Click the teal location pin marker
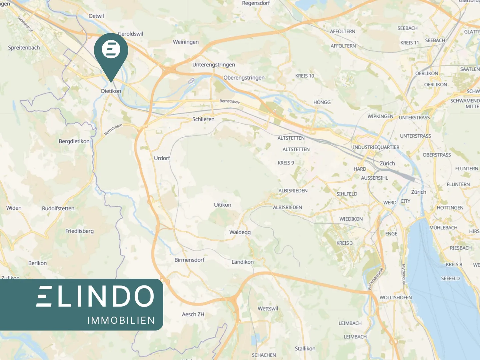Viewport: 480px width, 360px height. [x=111, y=53]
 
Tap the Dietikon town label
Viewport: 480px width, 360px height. [x=111, y=91]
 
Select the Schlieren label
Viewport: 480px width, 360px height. [x=203, y=119]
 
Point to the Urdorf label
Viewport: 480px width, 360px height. [x=162, y=158]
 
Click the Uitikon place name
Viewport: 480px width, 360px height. [x=223, y=205]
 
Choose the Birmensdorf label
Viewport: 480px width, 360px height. [x=189, y=260]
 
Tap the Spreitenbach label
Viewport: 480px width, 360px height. [x=24, y=48]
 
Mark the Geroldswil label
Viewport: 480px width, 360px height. [x=131, y=34]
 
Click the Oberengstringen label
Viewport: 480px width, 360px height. [x=244, y=78]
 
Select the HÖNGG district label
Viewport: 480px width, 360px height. [x=322, y=102]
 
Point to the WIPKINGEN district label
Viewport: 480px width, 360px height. [x=380, y=116]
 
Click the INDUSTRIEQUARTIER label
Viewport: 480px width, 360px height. [x=376, y=147]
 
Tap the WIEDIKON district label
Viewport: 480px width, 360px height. [x=351, y=219]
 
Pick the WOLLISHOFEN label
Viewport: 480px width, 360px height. [x=396, y=297]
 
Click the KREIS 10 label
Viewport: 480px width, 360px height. [x=305, y=76]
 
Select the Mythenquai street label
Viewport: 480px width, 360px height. [x=403, y=274]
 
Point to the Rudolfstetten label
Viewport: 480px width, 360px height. [x=58, y=208]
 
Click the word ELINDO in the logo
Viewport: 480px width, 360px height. [x=95, y=296]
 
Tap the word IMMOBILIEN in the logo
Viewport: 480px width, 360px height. [x=121, y=320]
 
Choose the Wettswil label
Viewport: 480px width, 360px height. [x=268, y=308]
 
